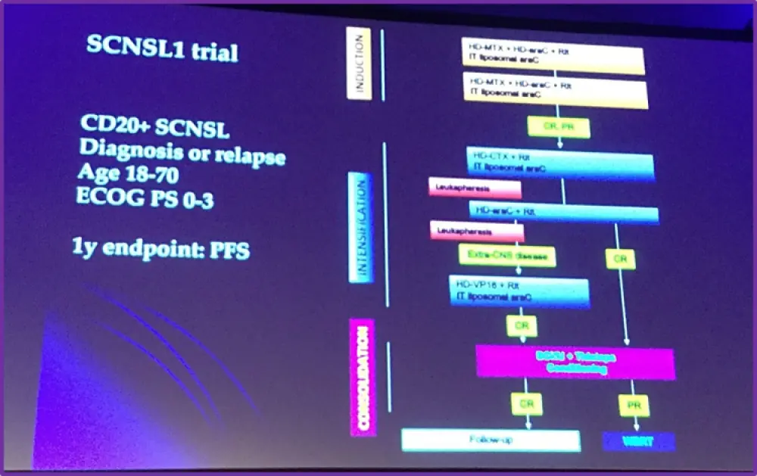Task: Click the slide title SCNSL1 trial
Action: click(162, 49)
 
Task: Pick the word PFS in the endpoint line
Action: click(230, 249)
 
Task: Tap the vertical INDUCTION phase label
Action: click(359, 64)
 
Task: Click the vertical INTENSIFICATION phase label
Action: click(362, 228)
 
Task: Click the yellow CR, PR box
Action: click(559, 127)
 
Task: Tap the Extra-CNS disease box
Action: click(506, 256)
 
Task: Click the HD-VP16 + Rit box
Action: click(519, 291)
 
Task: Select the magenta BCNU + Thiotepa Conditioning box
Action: click(575, 362)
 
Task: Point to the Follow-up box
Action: click(491, 440)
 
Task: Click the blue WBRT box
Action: click(638, 440)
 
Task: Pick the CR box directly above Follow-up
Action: click(527, 404)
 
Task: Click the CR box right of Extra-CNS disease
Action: click(620, 259)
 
